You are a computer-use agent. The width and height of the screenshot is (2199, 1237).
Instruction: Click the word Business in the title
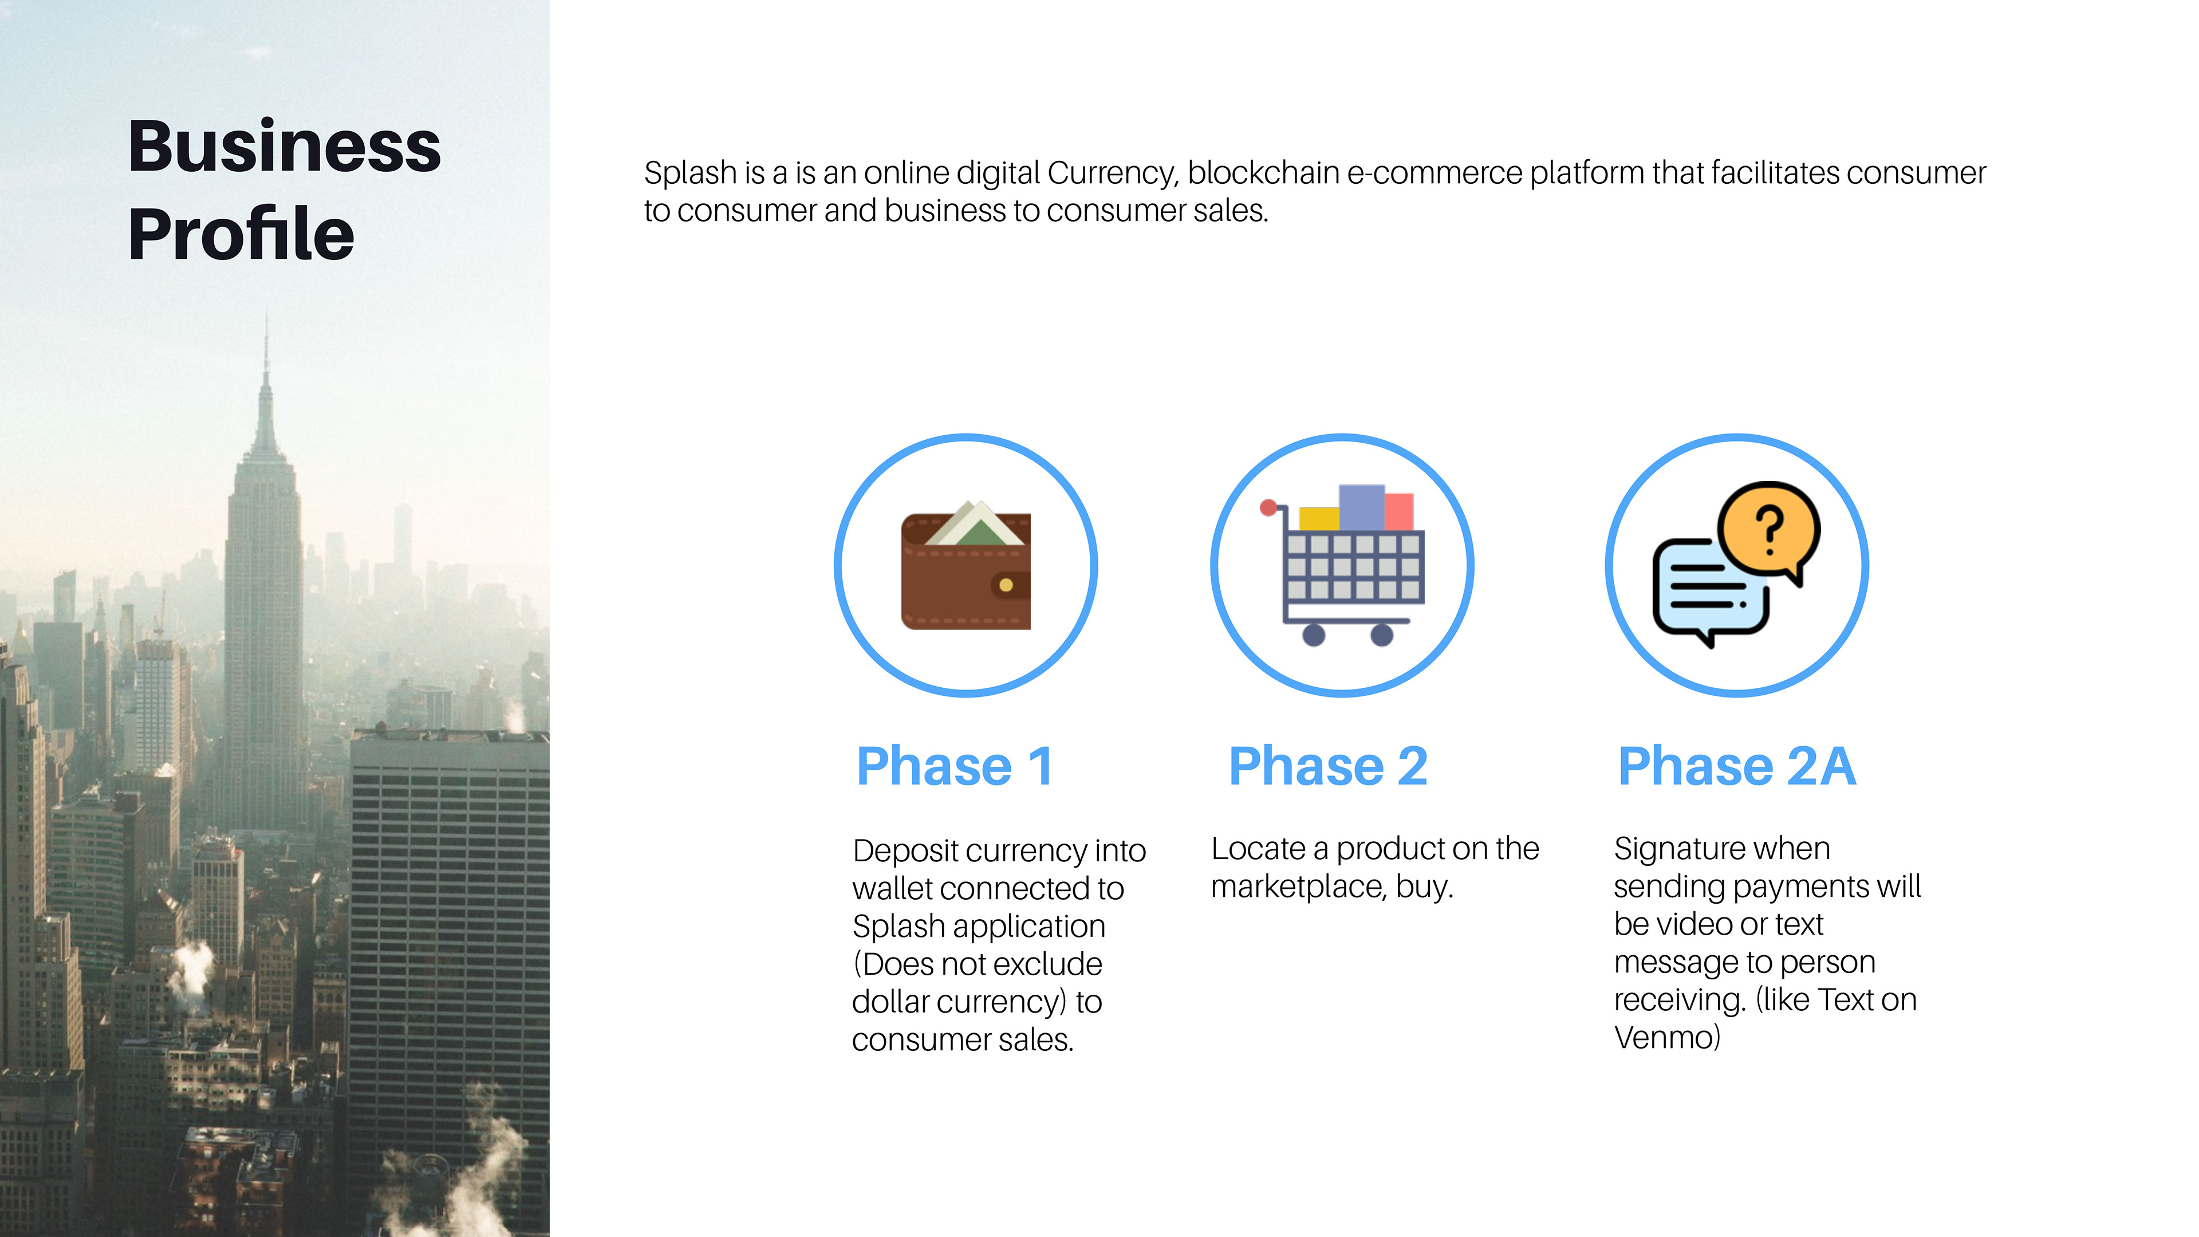pos(284,146)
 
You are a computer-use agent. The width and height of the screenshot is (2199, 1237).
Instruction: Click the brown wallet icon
pos(966,566)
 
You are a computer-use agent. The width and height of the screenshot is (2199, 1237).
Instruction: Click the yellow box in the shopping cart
pos(1319,518)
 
